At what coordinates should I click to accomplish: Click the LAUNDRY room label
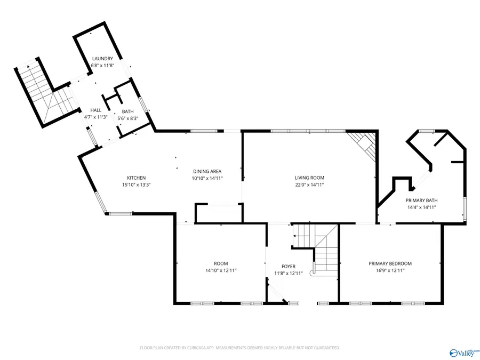click(102, 59)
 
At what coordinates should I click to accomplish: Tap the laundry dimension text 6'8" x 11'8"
click(102, 65)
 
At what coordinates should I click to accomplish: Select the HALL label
click(95, 110)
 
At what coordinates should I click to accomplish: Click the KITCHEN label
click(136, 178)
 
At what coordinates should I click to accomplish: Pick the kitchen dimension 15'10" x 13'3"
click(136, 185)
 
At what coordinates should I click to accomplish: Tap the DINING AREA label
click(207, 171)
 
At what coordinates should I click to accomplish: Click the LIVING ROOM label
click(309, 178)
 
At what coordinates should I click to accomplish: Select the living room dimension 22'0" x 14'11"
click(309, 185)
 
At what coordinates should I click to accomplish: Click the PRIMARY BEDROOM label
click(390, 263)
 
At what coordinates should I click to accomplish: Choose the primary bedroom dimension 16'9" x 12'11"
click(390, 270)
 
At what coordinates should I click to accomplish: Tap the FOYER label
click(288, 267)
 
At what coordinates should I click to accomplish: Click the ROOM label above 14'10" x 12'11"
click(221, 263)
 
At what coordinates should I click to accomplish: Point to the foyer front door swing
click(277, 293)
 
